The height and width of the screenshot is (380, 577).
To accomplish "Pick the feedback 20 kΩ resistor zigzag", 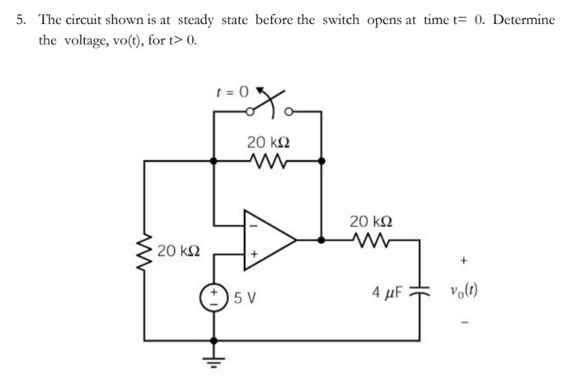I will [x=267, y=161].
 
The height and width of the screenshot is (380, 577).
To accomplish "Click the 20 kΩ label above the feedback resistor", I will [x=267, y=142].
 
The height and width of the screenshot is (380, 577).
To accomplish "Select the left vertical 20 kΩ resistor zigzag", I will [x=146, y=249].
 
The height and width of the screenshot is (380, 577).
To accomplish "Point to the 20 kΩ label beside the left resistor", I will [x=178, y=249].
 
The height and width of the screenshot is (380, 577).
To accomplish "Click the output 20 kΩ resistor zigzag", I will [x=369, y=241].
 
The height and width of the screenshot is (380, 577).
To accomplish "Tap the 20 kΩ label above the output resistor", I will [x=369, y=221].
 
